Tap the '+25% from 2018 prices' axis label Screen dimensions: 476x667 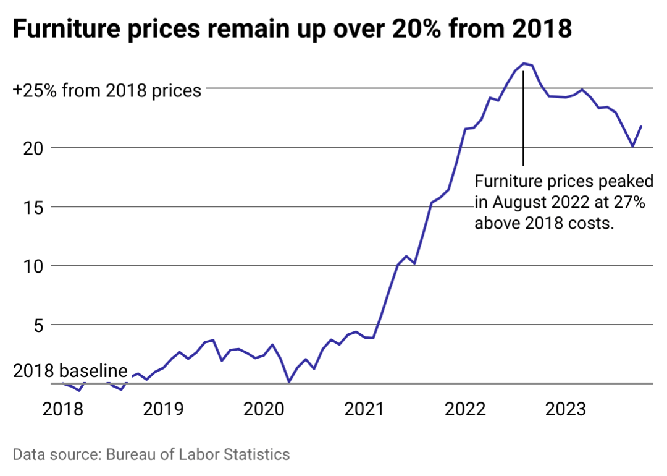tap(107, 91)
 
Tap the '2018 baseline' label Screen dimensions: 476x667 tap(70, 371)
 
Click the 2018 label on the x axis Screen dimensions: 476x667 tap(63, 409)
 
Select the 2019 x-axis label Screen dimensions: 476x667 tap(163, 409)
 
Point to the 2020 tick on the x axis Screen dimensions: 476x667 tap(264, 409)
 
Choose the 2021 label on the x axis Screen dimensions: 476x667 tap(364, 409)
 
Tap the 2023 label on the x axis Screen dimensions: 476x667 tap(566, 409)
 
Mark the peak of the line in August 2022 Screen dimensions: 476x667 tap(524, 63)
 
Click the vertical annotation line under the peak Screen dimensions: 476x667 tap(524, 117)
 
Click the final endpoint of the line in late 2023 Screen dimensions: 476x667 tap(641, 126)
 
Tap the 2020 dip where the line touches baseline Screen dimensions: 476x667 tap(289, 382)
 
